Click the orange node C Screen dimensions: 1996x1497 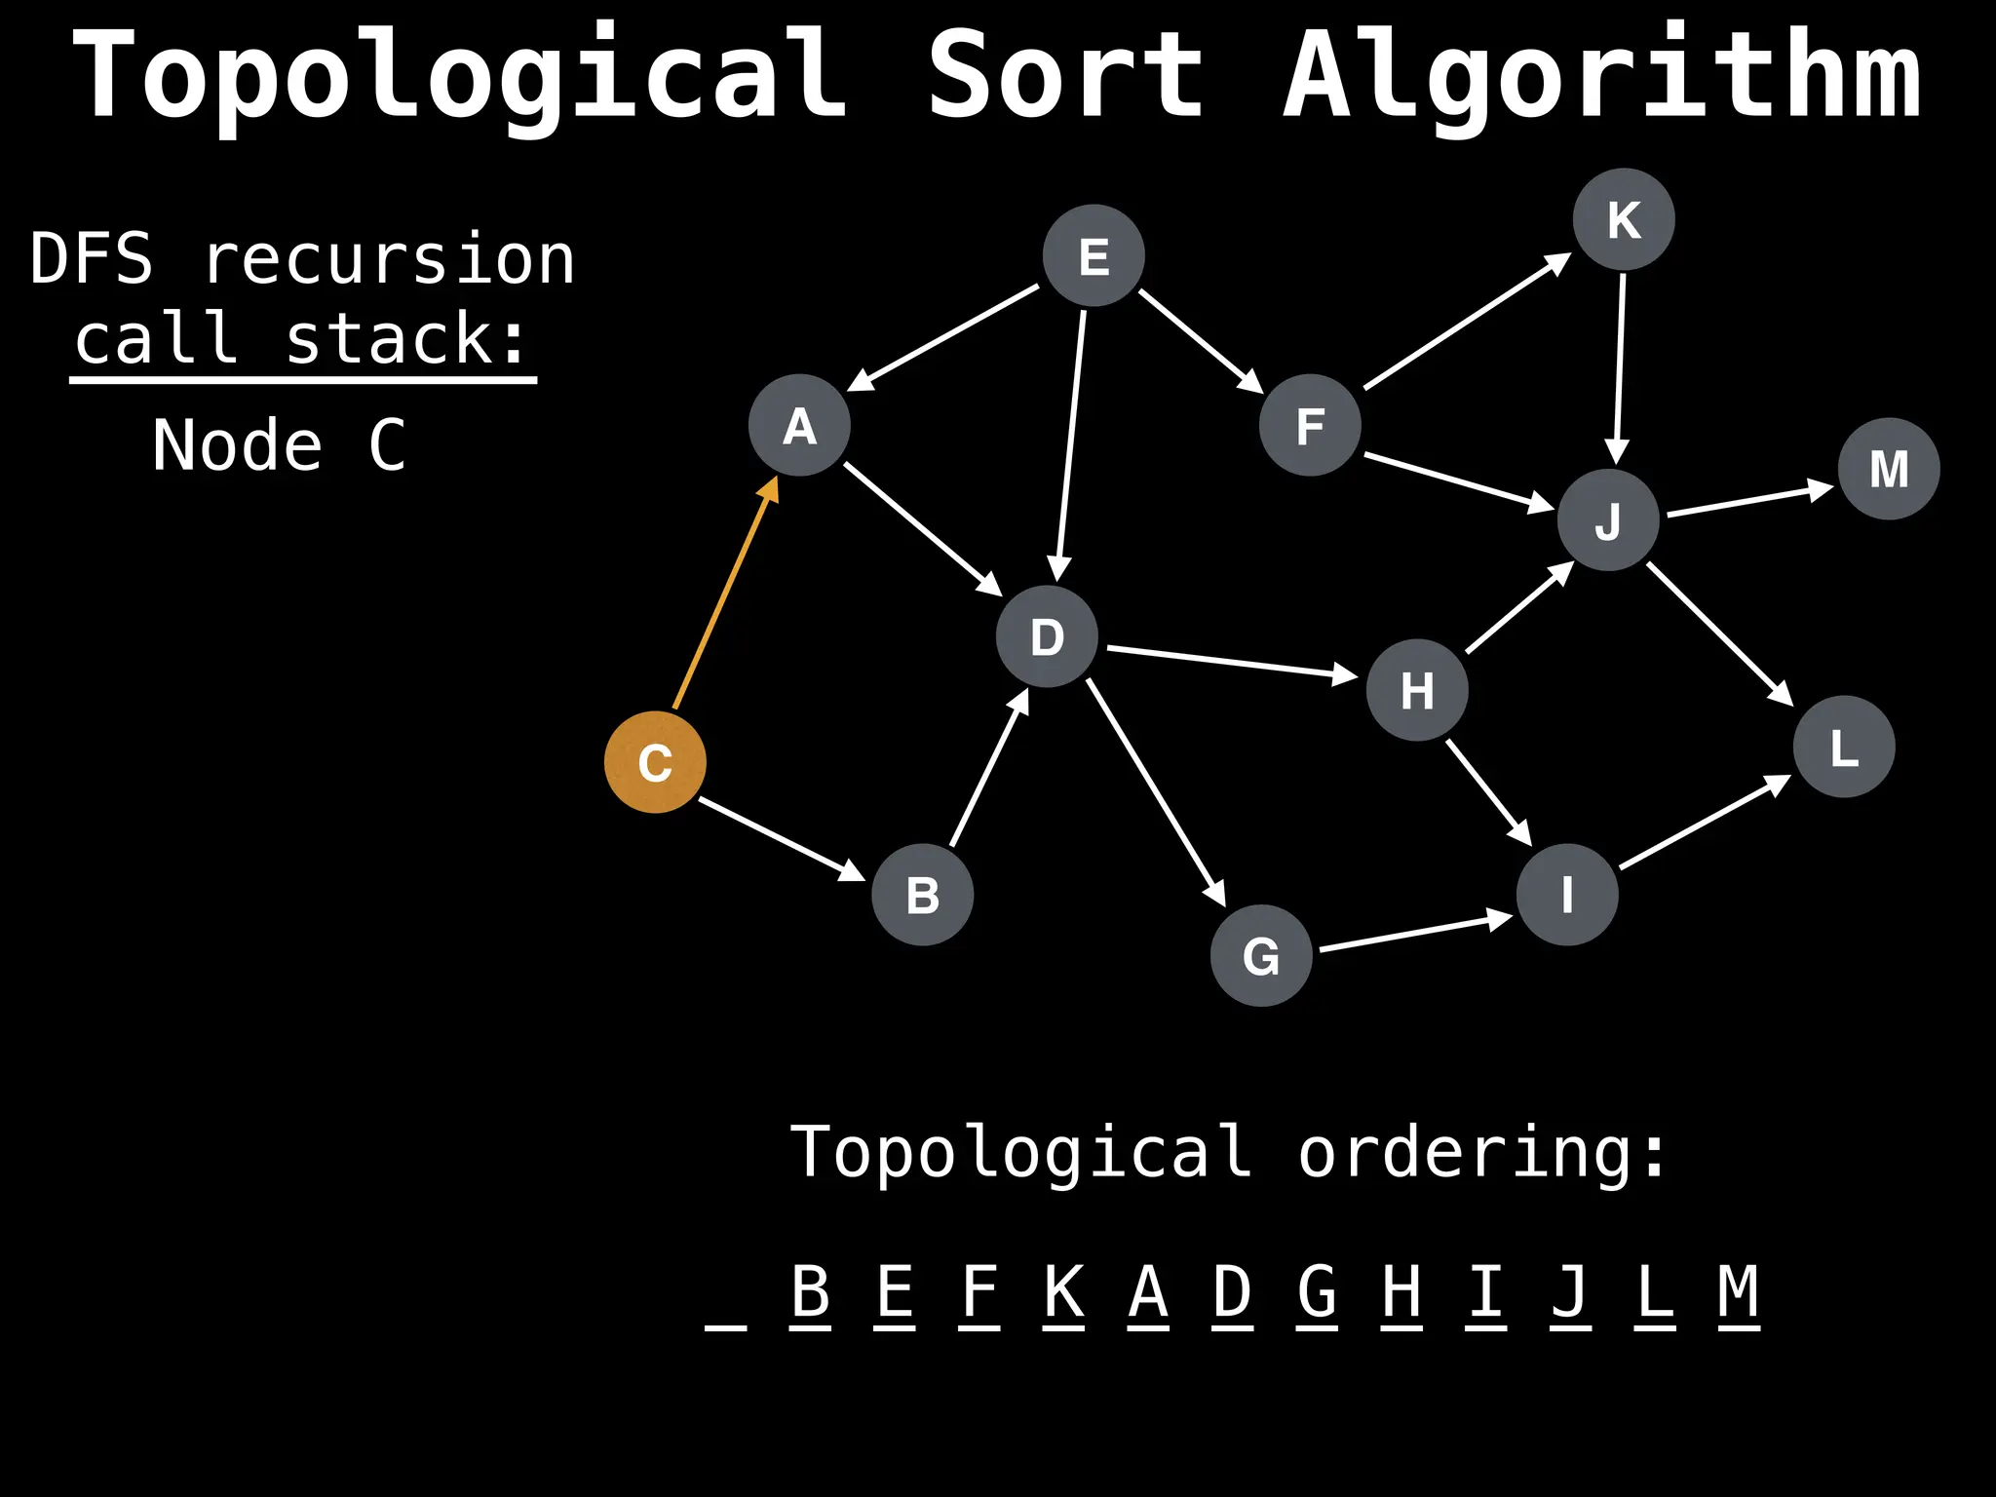pyautogui.click(x=655, y=762)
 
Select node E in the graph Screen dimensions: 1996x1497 pyautogui.click(x=1094, y=256)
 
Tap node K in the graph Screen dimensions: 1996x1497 pyautogui.click(x=1624, y=219)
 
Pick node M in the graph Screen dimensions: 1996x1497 pyautogui.click(x=1889, y=469)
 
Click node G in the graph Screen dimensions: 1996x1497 pyautogui.click(x=1261, y=956)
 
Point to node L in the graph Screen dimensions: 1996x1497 pyautogui.click(x=1844, y=748)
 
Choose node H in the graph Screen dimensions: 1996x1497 pyautogui.click(x=1417, y=690)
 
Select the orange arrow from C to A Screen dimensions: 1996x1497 pyautogui.click(x=725, y=595)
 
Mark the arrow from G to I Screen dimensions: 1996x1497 pyautogui.click(x=1413, y=933)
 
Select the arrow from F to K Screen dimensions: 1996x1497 pyautogui.click(x=1466, y=322)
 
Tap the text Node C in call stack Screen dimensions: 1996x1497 pyautogui.click(x=279, y=445)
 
